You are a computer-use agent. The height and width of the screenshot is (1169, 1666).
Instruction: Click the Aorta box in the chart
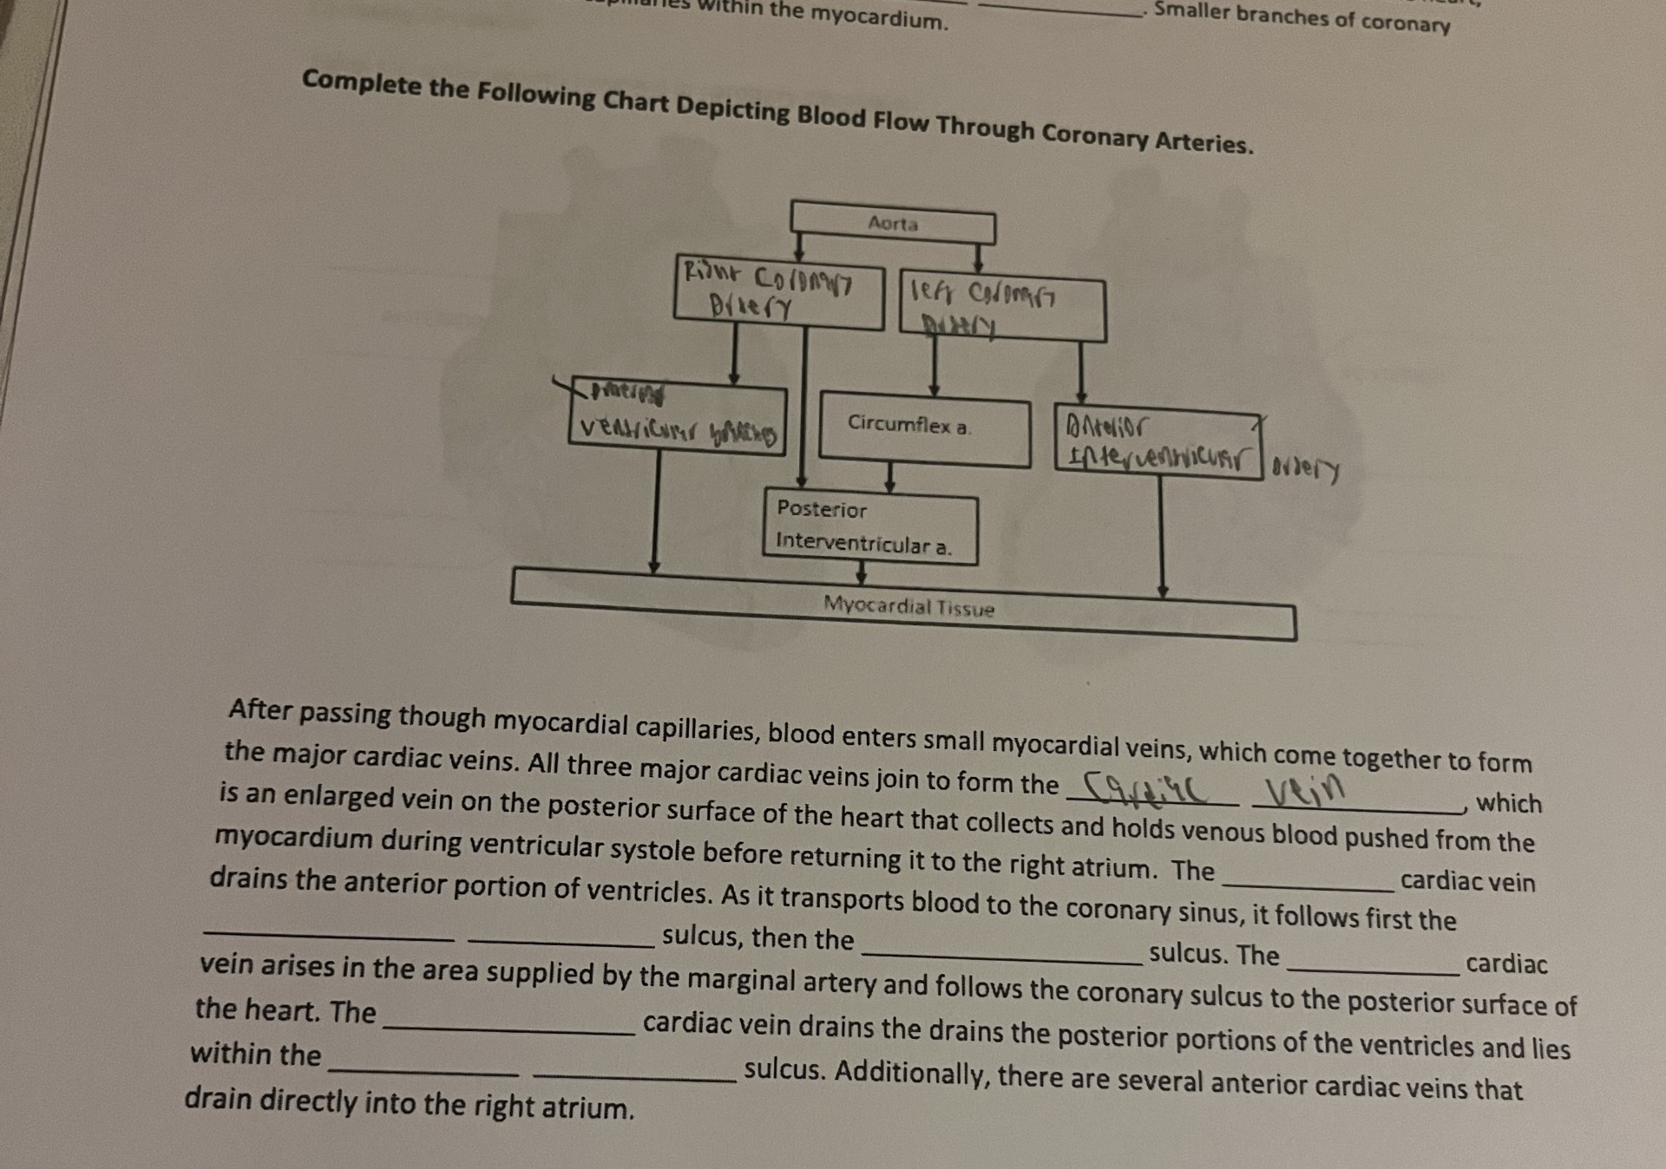coord(893,225)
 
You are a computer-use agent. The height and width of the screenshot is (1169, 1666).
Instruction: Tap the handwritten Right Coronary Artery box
coord(777,297)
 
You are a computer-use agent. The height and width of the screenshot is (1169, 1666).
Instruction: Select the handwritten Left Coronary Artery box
coord(1002,309)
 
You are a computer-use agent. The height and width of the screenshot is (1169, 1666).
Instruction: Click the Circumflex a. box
coord(924,428)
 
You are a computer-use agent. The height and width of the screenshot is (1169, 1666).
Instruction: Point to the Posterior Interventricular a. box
coord(870,528)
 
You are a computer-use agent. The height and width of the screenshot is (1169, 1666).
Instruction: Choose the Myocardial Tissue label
coord(908,606)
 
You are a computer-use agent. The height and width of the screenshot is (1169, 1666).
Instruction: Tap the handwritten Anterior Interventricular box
coord(1158,442)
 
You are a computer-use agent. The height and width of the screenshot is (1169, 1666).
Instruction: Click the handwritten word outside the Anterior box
coord(1306,471)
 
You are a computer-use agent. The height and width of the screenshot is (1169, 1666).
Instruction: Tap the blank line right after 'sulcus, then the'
coord(1001,957)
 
